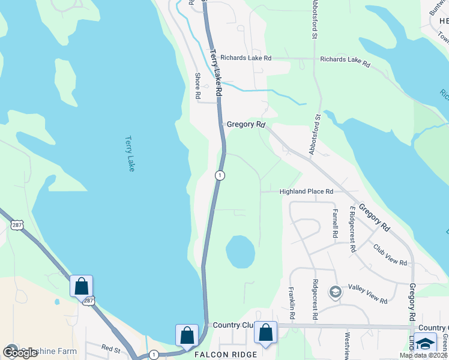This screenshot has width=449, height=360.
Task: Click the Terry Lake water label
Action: click(129, 153)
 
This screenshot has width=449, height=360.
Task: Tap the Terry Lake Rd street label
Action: click(216, 73)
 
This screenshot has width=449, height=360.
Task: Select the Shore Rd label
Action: click(197, 86)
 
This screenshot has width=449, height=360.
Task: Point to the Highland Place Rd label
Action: click(306, 191)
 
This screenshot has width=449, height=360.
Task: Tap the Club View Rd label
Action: click(390, 255)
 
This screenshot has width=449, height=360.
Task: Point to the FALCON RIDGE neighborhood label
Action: click(226, 355)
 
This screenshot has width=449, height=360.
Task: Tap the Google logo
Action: click(20, 353)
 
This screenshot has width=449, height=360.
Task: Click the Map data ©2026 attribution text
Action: click(423, 355)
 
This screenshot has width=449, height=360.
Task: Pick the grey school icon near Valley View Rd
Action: click(336, 292)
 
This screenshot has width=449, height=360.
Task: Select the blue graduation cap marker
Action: click(426, 343)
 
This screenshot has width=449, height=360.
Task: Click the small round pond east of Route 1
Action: click(240, 251)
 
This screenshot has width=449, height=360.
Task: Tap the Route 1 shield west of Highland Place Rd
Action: click(220, 175)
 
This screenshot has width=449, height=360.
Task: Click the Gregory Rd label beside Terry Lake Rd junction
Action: click(246, 124)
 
